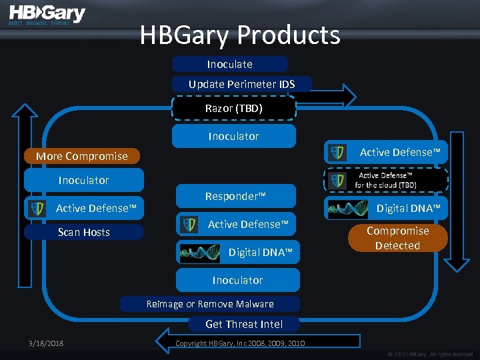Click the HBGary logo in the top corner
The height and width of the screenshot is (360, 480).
[47, 15]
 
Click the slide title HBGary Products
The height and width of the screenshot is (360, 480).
[240, 35]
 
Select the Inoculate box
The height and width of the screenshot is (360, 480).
[230, 64]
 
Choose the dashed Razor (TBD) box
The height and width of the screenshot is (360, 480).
[233, 108]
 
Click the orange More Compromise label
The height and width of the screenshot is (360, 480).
[82, 156]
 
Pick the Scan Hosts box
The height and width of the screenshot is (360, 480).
[84, 232]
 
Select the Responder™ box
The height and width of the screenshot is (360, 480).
[235, 196]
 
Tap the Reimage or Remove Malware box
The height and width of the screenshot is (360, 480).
[210, 304]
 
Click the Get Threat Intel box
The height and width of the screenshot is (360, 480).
[244, 324]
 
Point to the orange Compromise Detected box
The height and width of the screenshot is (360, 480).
[397, 238]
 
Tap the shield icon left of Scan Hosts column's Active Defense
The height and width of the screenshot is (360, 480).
[35, 208]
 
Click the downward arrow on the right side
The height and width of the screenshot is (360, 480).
[457, 200]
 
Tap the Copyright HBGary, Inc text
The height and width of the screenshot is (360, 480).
[240, 343]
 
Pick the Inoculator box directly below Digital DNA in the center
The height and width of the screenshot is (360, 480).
[238, 280]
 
